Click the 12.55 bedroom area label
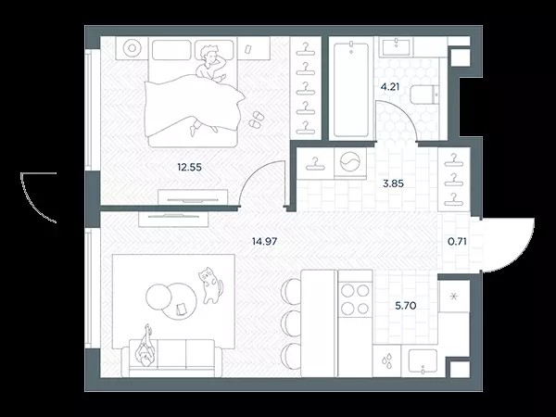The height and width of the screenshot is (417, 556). click(189, 167)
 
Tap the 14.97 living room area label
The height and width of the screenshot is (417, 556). click(264, 242)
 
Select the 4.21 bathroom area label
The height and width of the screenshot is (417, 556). click(390, 87)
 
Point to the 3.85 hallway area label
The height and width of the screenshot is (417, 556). click(393, 183)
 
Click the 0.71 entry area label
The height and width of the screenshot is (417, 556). click(457, 242)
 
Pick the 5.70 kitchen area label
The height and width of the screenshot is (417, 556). click(405, 305)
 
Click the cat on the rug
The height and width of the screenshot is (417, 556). click(210, 285)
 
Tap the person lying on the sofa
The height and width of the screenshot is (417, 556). click(145, 347)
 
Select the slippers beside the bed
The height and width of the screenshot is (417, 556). click(256, 120)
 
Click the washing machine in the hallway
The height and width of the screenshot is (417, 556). click(350, 163)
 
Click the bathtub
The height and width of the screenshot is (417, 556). click(350, 90)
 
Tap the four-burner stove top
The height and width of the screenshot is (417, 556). click(355, 299)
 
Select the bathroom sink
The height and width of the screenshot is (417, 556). click(395, 46)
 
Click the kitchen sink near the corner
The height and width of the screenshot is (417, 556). click(423, 361)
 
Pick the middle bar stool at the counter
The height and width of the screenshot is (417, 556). click(291, 323)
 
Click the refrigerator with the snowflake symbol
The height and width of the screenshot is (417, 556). click(454, 297)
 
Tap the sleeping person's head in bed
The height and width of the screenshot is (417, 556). click(208, 55)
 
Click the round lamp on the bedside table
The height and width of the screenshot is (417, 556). click(133, 47)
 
